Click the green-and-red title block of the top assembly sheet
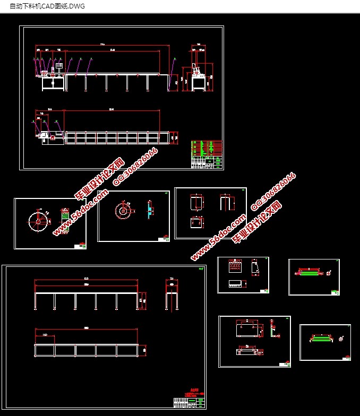[207, 154]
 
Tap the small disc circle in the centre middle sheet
[124, 211]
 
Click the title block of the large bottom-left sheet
[189, 403]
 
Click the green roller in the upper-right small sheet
[310, 272]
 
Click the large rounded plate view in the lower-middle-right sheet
[247, 329]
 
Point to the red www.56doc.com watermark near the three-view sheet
[218, 237]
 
